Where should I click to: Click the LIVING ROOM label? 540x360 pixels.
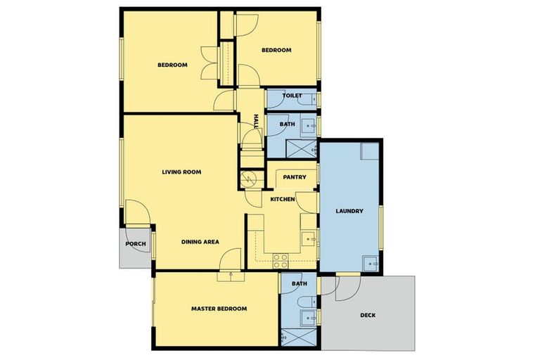181,172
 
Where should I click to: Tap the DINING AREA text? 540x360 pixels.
200,242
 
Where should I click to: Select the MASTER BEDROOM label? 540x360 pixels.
219,309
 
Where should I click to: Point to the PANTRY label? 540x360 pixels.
294,177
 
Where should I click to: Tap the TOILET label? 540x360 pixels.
292,95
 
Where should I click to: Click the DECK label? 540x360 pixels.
368,315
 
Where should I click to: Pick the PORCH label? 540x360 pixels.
135,244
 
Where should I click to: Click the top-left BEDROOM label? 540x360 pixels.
172,65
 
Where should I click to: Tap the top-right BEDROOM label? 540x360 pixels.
276,50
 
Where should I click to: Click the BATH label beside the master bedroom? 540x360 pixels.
300,284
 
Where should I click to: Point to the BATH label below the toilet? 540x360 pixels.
287,124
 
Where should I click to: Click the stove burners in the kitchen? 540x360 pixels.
280,261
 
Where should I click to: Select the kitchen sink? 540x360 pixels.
309,240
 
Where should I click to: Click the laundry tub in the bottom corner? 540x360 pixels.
371,264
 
